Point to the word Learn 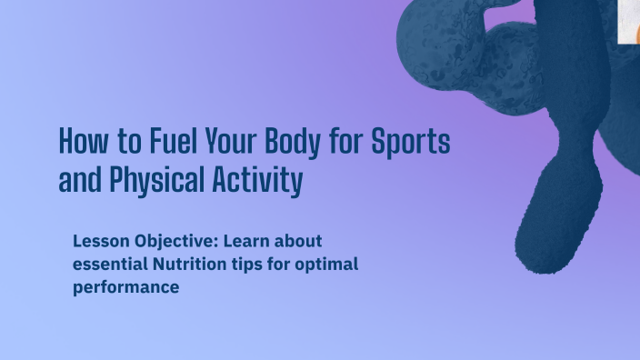tap(248, 242)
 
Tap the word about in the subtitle tap(301, 242)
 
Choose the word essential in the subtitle tap(108, 265)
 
